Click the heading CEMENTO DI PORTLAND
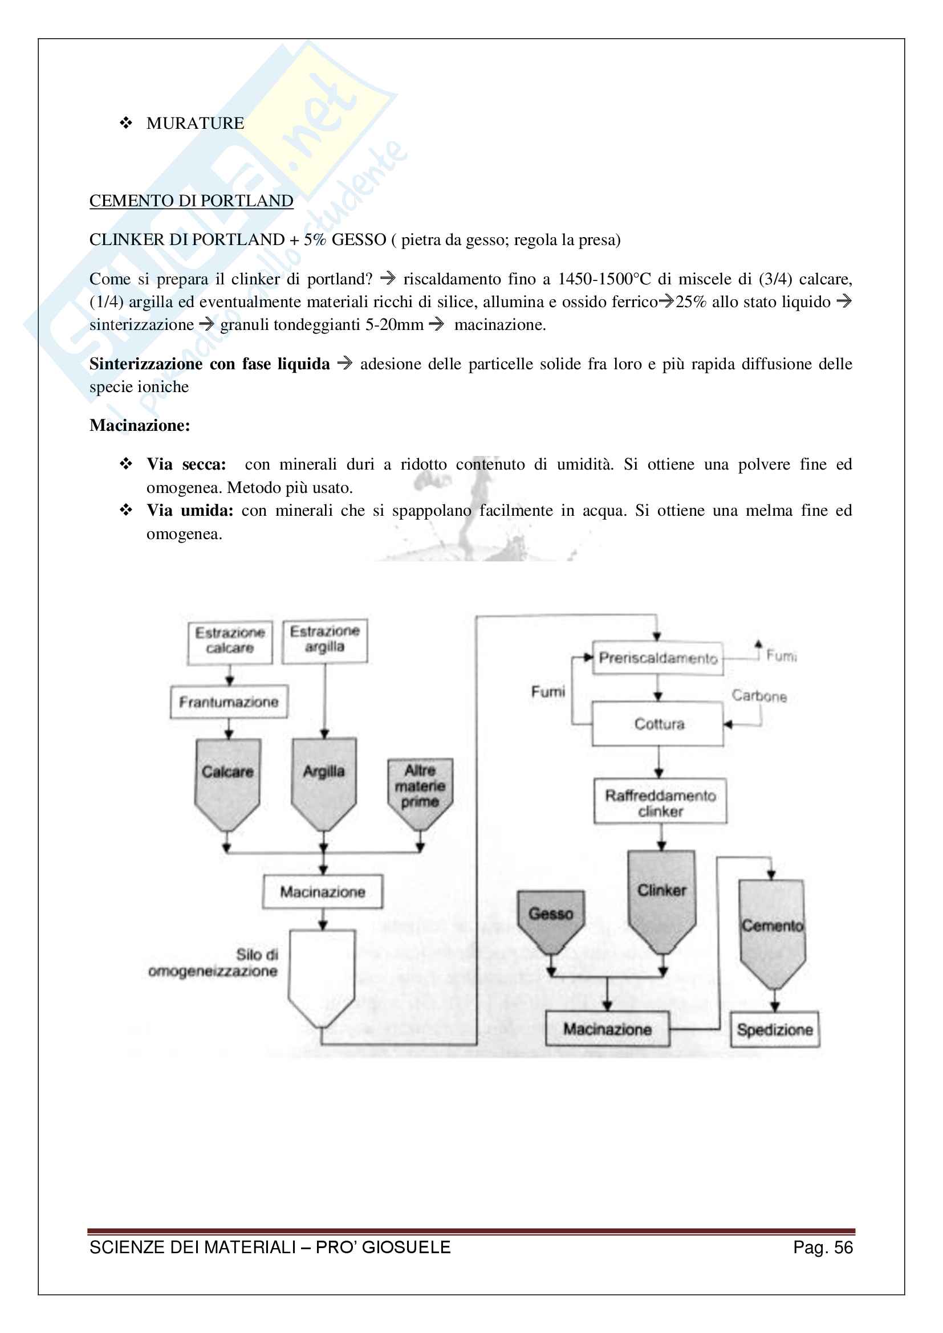(191, 201)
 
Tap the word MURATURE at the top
(195, 123)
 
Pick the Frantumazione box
(229, 702)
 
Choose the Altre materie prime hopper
(420, 789)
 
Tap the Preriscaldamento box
(658, 658)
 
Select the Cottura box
(658, 724)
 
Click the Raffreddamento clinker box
(660, 802)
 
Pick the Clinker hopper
(661, 897)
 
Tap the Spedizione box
(775, 1029)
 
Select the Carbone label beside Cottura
(759, 695)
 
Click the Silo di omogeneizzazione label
(214, 963)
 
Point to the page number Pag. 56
(822, 1248)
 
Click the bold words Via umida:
(189, 511)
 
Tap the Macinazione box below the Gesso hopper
(607, 1029)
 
